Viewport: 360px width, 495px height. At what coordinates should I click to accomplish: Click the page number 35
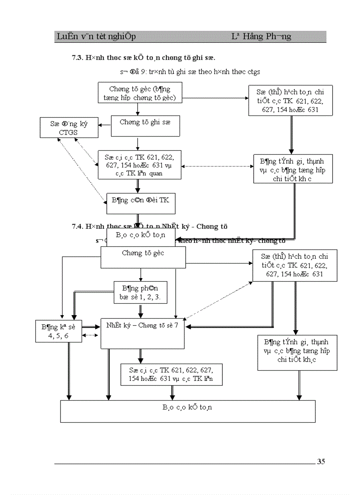(321, 462)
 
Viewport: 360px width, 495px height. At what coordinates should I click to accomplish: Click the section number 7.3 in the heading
(78, 57)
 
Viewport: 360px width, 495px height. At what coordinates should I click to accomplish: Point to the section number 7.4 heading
(78, 227)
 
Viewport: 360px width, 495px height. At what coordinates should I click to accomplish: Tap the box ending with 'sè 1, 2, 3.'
(140, 293)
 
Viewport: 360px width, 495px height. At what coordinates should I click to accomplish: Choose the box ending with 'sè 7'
(142, 333)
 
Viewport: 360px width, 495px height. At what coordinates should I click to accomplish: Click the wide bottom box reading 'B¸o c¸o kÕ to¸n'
(187, 411)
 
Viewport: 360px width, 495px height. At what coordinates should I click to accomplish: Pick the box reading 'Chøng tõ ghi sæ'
(145, 126)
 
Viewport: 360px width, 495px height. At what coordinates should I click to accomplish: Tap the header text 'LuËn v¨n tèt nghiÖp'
(96, 37)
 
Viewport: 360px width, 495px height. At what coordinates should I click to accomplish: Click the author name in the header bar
(261, 37)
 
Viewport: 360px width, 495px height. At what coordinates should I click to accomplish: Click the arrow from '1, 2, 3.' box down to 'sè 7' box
(140, 310)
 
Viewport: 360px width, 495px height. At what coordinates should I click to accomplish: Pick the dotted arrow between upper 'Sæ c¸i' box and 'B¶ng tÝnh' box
(217, 166)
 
